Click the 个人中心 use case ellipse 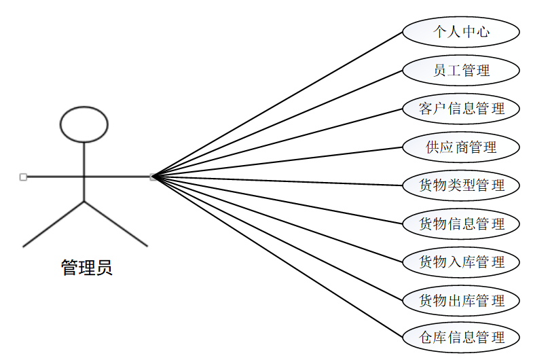click(x=461, y=32)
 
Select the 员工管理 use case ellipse click(x=461, y=70)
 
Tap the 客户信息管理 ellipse click(x=461, y=109)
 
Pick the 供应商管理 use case click(x=461, y=147)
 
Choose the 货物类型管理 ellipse click(x=461, y=185)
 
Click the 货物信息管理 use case click(x=461, y=223)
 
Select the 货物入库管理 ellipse click(x=461, y=262)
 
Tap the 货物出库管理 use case click(x=461, y=300)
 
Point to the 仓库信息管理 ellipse click(x=461, y=338)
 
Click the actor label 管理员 click(x=86, y=268)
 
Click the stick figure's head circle click(x=84, y=124)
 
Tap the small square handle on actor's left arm click(x=23, y=177)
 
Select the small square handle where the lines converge click(x=153, y=177)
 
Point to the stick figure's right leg click(x=115, y=224)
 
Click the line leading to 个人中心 click(x=278, y=104)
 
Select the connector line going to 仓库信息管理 click(x=278, y=257)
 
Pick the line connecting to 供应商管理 click(x=278, y=162)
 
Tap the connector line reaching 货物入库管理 click(x=278, y=219)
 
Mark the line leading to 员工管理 click(x=278, y=123)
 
